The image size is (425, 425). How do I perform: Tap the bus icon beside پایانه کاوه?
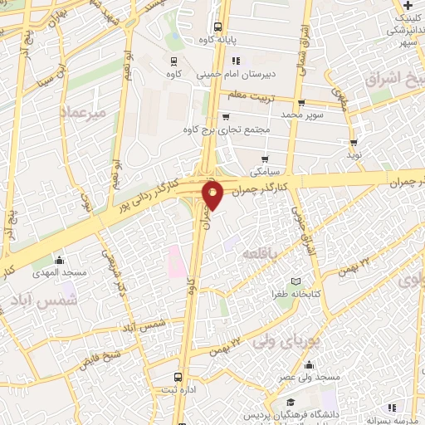[217, 26]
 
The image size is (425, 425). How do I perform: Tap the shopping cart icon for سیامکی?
[265, 159]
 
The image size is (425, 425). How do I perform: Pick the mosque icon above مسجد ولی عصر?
[309, 364]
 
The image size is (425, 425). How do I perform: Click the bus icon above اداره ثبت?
[182, 375]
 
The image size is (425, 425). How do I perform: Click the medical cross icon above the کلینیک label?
[408, 6]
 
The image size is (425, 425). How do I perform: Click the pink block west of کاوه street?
[176, 261]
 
